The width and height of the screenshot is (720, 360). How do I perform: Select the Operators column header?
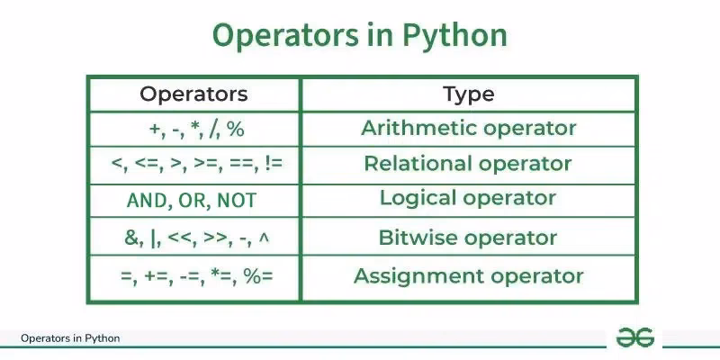(193, 94)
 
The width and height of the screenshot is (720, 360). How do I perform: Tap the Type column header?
(469, 94)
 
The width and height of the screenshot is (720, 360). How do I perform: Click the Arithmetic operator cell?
(469, 128)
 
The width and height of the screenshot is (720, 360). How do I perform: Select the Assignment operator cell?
(469, 275)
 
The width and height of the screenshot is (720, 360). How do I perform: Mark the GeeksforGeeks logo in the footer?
(634, 337)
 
